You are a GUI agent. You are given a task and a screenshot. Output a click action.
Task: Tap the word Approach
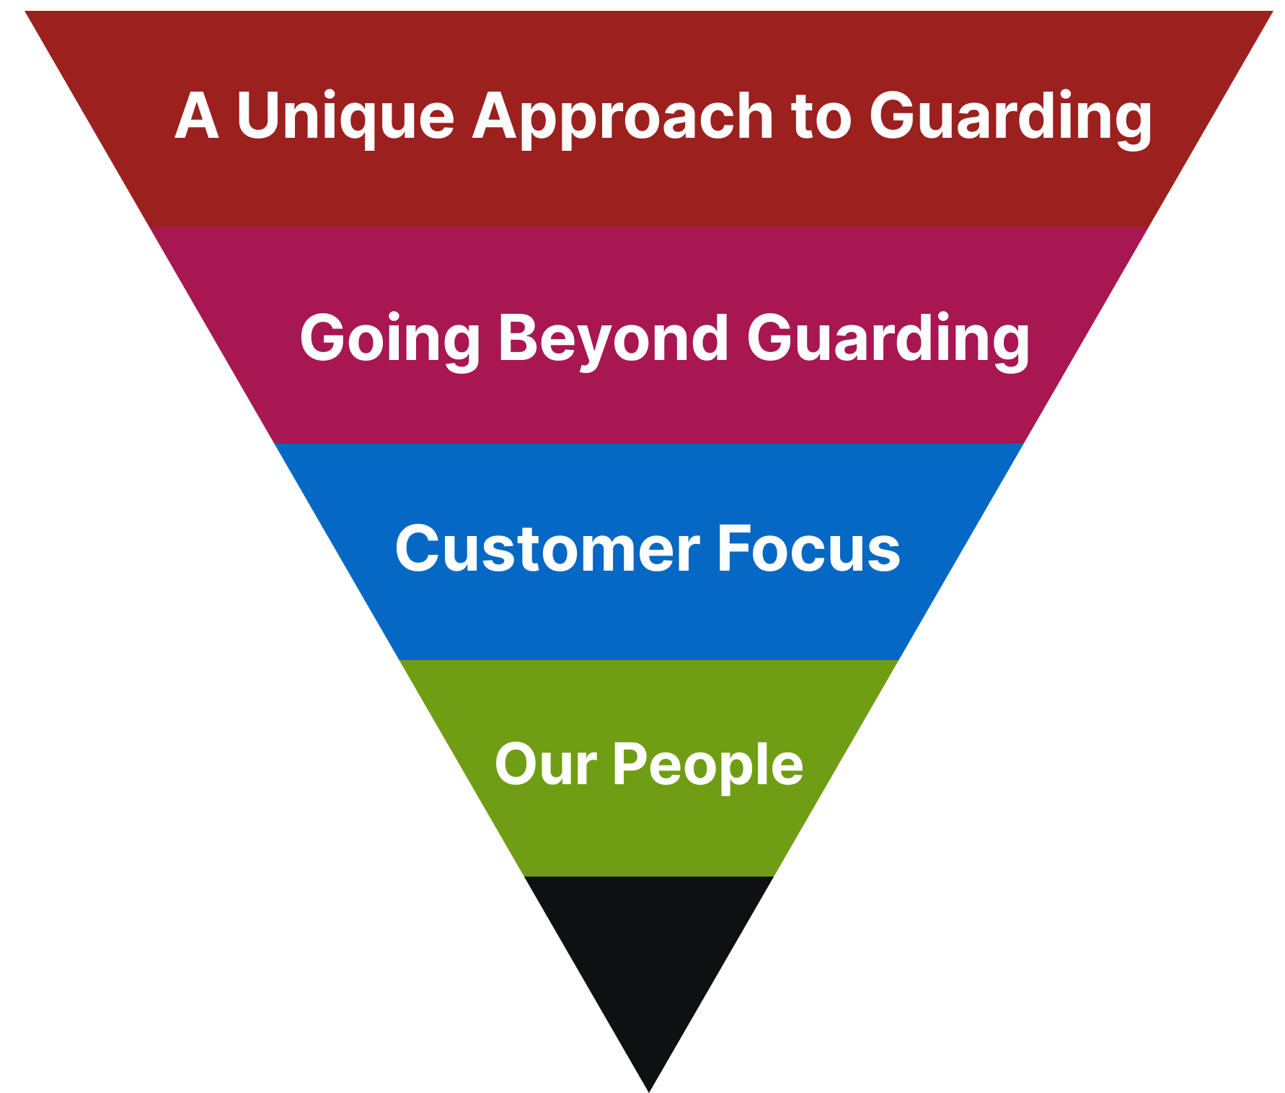coord(622,117)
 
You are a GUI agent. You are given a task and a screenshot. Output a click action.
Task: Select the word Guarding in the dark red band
coord(1010,117)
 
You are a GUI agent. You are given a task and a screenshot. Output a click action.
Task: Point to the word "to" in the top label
coord(821,117)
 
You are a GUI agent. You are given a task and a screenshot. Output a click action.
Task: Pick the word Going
coord(389,339)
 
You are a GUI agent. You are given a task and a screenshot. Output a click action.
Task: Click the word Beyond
coord(613,339)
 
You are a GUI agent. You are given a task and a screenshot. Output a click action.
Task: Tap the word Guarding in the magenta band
coord(888,339)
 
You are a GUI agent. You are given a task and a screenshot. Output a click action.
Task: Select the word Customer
coord(547,550)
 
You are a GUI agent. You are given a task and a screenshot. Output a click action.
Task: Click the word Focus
coord(808,550)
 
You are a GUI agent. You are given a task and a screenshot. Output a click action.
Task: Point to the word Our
coord(545,765)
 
